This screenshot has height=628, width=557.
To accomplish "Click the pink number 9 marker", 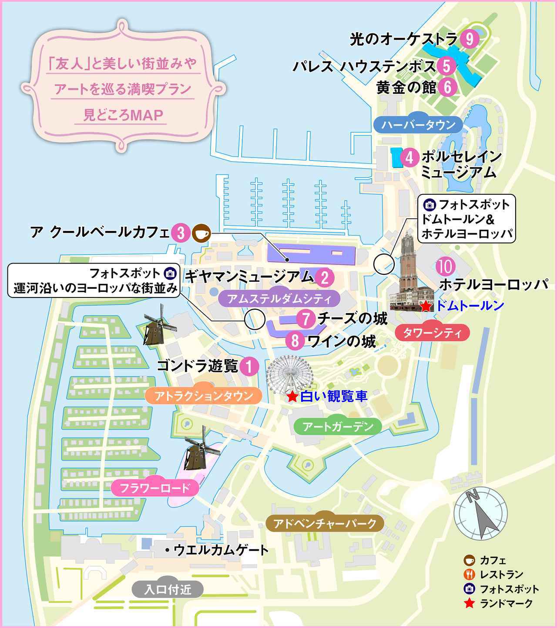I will tap(469, 40).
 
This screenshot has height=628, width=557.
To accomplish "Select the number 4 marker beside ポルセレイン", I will tap(409, 157).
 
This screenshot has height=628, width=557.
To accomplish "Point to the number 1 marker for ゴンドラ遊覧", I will tap(249, 366).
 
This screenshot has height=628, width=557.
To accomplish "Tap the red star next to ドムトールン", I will tap(426, 306).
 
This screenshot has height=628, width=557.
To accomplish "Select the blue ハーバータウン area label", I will tap(418, 125).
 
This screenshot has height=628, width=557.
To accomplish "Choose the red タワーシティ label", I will tap(432, 333).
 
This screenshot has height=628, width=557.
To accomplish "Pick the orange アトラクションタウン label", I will tap(204, 396).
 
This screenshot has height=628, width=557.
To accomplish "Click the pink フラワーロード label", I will tap(155, 488).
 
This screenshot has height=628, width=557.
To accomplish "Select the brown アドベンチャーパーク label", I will tap(325, 523).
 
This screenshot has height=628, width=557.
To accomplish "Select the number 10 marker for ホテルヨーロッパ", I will tap(446, 267).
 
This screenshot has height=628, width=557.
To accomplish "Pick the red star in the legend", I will tap(469, 603).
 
